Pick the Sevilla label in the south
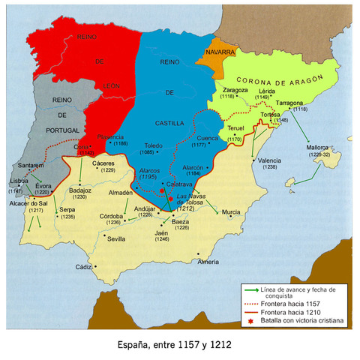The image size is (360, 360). click(116, 239)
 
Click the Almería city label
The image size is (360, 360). click(208, 262)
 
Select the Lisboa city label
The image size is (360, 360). click(19, 181)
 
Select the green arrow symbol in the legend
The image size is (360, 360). click(250, 289)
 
